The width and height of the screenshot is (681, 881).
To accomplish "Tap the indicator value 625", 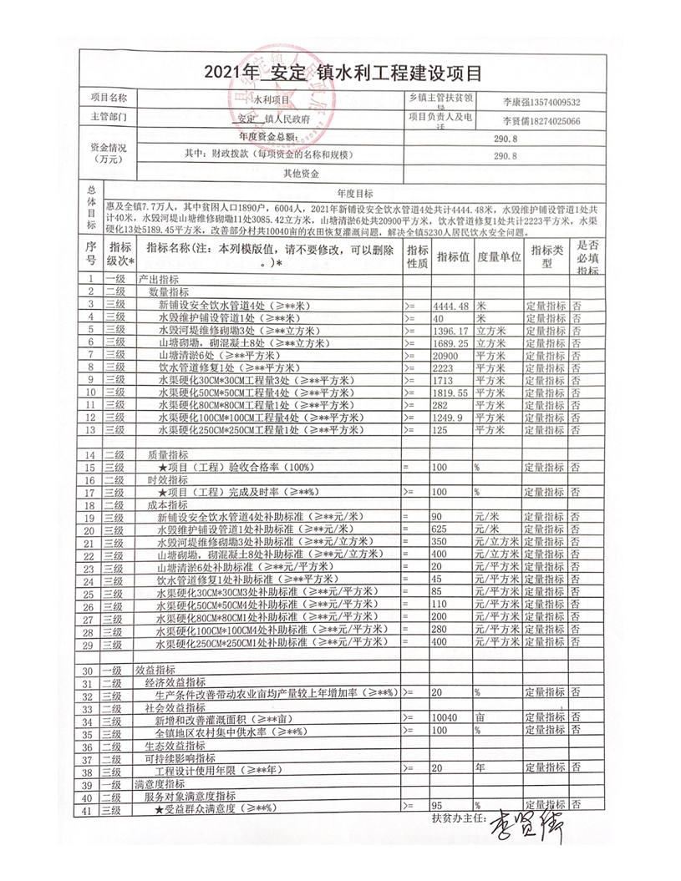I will point(442,529).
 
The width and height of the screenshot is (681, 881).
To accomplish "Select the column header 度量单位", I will point(499,255).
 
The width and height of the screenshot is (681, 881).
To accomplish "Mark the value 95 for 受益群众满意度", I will point(436,805).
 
